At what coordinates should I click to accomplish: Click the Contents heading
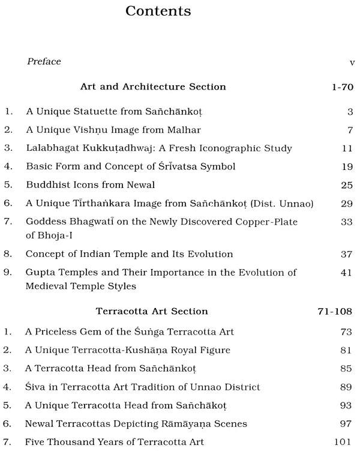[x=158, y=11]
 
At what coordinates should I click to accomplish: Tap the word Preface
[x=44, y=62]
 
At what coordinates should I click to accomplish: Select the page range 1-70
[x=342, y=87]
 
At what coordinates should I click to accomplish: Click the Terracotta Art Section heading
[x=152, y=311]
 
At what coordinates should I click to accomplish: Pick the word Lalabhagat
[x=50, y=148]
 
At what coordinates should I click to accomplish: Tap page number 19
[x=346, y=166]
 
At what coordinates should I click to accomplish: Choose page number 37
[x=346, y=255]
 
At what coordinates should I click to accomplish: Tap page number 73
[x=346, y=331]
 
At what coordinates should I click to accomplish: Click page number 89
[x=346, y=387]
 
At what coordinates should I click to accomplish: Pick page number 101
[x=343, y=443]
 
